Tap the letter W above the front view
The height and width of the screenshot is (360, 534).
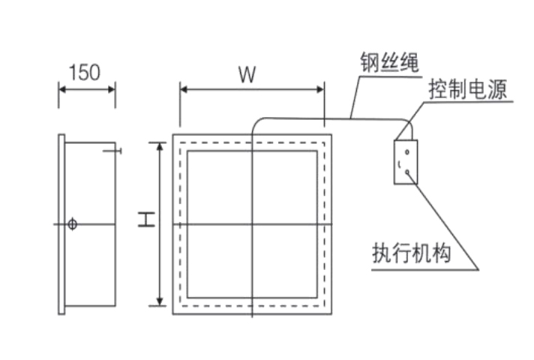pos(248,73)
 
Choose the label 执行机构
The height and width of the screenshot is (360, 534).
pos(412,253)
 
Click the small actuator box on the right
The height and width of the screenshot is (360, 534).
pos(404,160)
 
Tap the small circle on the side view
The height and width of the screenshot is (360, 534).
pos(72,224)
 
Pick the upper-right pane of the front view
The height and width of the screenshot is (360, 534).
pos(285,187)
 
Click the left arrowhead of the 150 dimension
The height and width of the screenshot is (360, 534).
pos(62,89)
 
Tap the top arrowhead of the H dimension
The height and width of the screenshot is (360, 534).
pos(159,145)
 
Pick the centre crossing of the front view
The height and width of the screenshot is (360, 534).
pos(253,224)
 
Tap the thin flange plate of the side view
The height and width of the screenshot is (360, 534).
pos(61,224)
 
